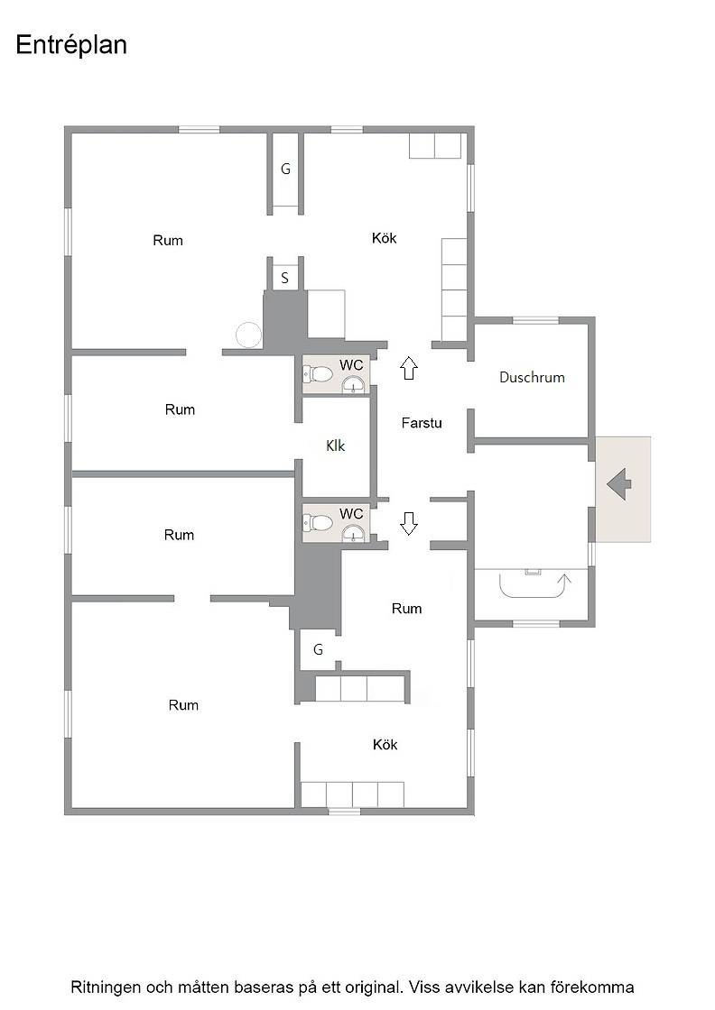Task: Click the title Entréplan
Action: [x=71, y=46]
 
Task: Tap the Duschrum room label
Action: [x=532, y=378]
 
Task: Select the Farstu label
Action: [x=422, y=423]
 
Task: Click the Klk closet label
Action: [x=335, y=445]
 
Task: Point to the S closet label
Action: [x=284, y=279]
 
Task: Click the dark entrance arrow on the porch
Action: [x=619, y=484]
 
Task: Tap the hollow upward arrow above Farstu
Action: [x=409, y=368]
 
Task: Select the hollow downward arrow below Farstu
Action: [x=409, y=523]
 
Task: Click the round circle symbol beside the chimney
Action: [x=249, y=335]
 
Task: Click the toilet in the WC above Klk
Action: [x=317, y=373]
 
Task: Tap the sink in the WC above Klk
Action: [x=353, y=385]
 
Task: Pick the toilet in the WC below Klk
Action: [x=317, y=522]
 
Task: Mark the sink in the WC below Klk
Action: [x=353, y=534]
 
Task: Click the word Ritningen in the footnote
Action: [x=105, y=987]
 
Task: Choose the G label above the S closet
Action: [x=285, y=169]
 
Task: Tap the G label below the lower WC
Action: [x=318, y=649]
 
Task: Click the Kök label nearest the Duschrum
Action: [x=385, y=238]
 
